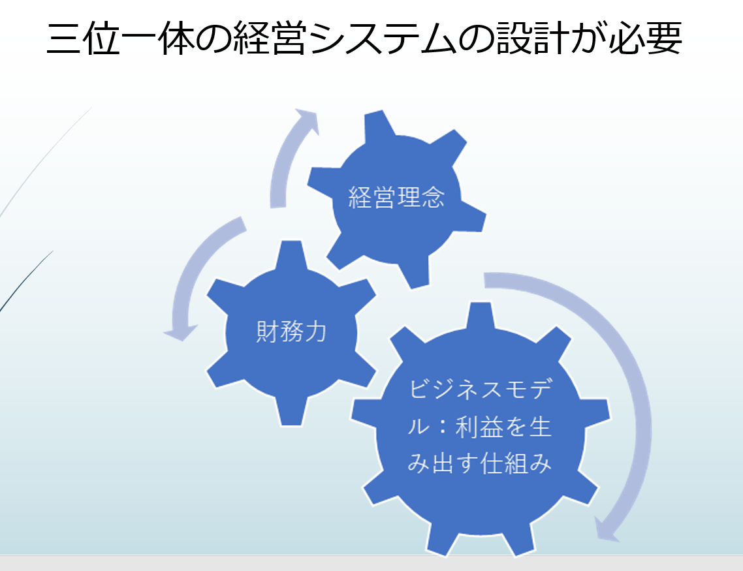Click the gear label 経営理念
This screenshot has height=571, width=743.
pos(396,197)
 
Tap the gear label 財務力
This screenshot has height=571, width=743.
pos(291,331)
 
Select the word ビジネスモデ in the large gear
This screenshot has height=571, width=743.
pos(479,389)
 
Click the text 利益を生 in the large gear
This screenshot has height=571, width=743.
pos(503,427)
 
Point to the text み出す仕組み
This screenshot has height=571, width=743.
pos(479,463)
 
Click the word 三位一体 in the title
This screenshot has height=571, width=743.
pos(120,37)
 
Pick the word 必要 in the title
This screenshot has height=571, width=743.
pos(645,37)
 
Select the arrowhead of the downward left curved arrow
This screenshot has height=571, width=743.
pos(181,332)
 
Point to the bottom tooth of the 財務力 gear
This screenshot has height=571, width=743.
pos(291,411)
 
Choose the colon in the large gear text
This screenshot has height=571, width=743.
pos(443,427)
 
